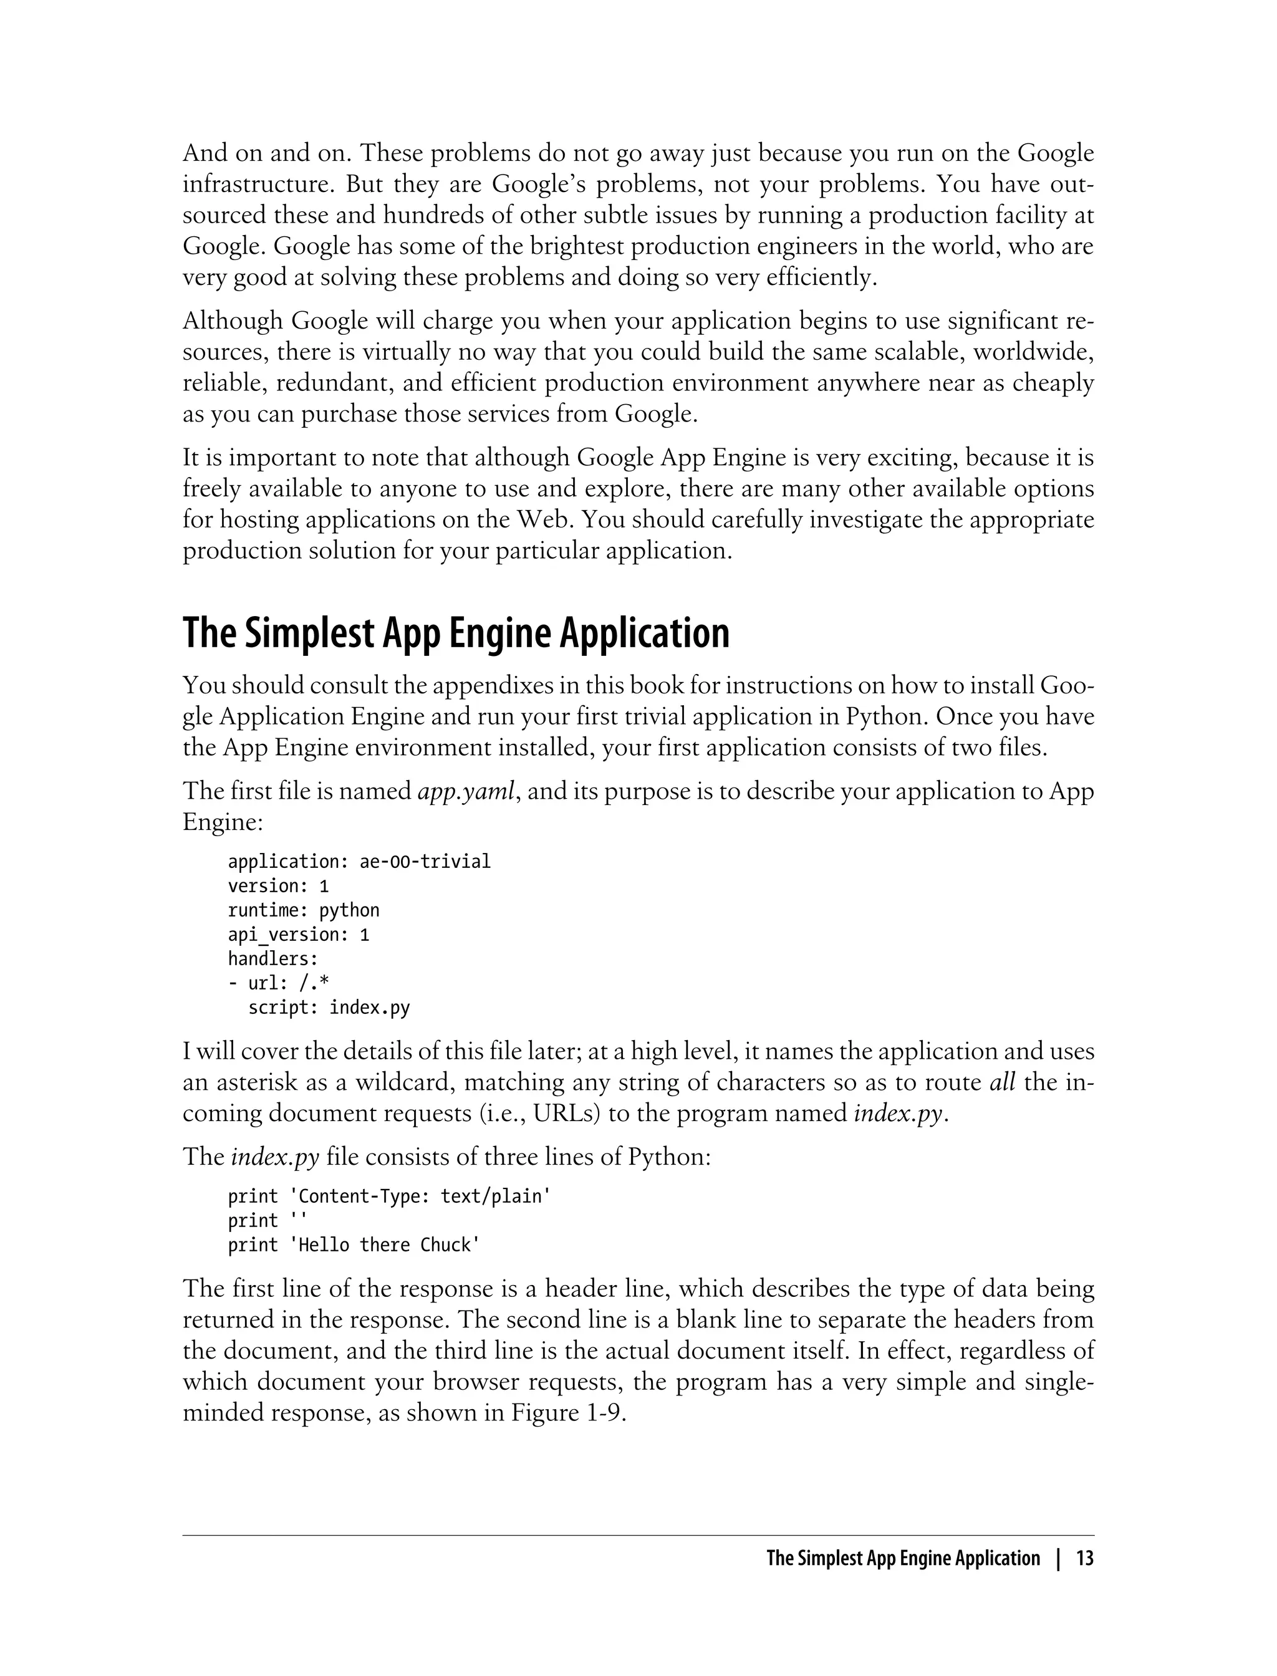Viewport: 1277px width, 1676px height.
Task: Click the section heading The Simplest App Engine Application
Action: pyautogui.click(x=455, y=633)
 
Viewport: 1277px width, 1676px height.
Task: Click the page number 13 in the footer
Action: pyautogui.click(x=1085, y=1558)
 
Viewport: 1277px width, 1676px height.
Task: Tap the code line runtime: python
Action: pyautogui.click(x=303, y=910)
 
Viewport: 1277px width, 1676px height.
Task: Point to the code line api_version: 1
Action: pyautogui.click(x=298, y=934)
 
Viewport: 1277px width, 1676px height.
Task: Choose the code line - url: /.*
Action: pyautogui.click(x=278, y=983)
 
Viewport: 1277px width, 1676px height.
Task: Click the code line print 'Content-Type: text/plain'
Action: pyautogui.click(x=389, y=1196)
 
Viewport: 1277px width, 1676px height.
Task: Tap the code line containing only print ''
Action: pyautogui.click(x=263, y=1220)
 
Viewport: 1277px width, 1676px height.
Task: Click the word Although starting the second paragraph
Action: pyautogui.click(x=233, y=320)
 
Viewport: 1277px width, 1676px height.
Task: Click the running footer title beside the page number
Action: pyautogui.click(x=902, y=1558)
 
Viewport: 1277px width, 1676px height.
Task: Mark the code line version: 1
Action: pyautogui.click(x=278, y=885)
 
